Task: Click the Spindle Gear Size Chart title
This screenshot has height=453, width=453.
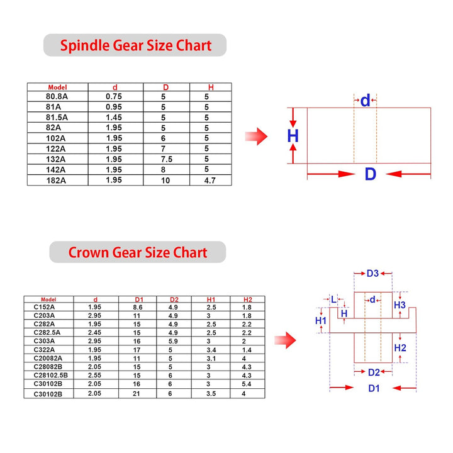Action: (136, 46)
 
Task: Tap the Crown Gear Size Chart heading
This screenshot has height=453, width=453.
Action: (138, 252)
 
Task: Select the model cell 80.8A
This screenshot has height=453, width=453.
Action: (57, 96)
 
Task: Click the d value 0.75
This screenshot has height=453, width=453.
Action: (113, 96)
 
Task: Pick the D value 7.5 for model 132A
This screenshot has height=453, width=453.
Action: (167, 159)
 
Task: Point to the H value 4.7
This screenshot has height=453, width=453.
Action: (210, 181)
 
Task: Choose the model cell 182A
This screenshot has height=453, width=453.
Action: (56, 181)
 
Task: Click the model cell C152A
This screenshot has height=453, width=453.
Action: (44, 307)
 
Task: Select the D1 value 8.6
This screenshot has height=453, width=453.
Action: (138, 307)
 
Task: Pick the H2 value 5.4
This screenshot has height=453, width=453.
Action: (247, 384)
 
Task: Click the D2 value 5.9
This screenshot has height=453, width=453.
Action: (173, 341)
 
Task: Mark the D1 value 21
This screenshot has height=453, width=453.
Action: (137, 394)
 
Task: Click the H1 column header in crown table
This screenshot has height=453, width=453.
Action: (211, 299)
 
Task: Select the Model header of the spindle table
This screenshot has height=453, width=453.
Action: (57, 87)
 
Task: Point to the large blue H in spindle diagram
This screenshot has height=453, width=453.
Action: (293, 136)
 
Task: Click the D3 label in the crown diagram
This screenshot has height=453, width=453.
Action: (372, 273)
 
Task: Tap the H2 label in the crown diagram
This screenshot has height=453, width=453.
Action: (400, 348)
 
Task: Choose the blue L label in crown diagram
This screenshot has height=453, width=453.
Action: (333, 299)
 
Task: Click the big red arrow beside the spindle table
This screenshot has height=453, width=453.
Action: (256, 137)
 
